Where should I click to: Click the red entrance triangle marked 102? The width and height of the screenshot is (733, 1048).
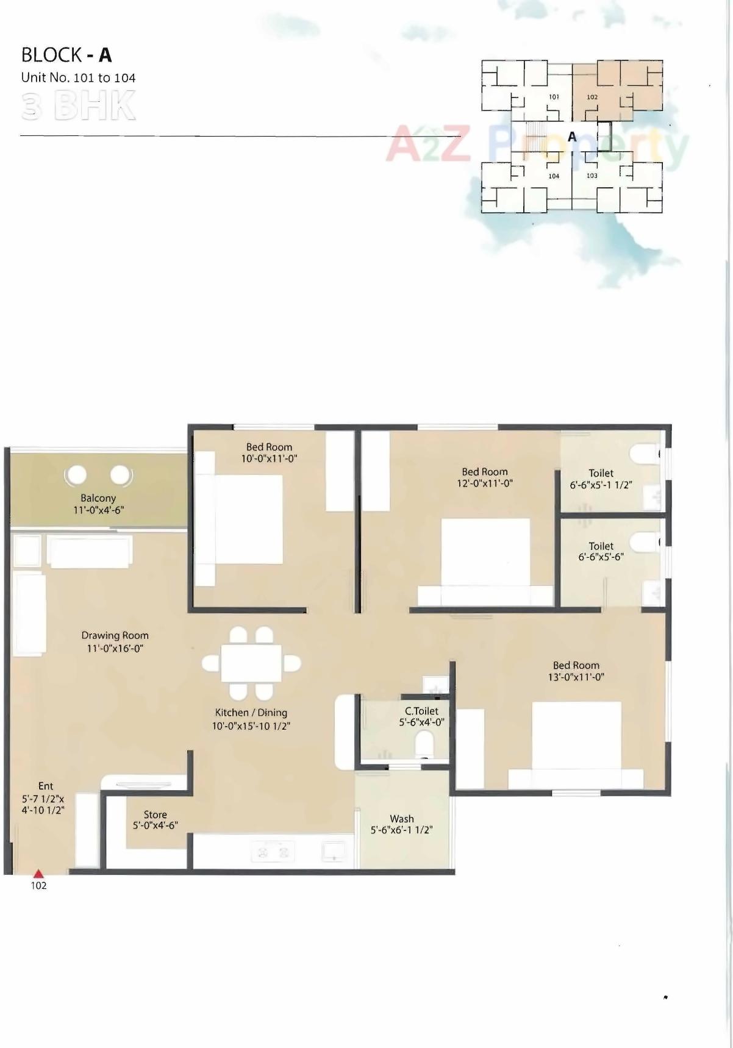(38, 874)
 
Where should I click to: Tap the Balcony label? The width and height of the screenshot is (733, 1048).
(98, 498)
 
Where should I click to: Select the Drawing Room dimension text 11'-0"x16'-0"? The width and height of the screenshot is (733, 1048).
(115, 648)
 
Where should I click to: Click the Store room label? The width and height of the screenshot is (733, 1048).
(155, 815)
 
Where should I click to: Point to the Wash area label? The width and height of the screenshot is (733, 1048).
(401, 819)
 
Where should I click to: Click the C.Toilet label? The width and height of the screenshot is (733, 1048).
(421, 711)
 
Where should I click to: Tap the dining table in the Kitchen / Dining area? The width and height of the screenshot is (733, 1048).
(251, 663)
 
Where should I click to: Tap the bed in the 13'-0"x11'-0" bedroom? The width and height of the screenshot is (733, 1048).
(576, 741)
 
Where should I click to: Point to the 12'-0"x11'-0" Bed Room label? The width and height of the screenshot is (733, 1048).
(485, 472)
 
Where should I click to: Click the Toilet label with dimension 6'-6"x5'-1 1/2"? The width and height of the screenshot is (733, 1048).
(601, 473)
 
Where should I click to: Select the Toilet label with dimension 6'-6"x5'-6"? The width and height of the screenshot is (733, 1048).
(601, 546)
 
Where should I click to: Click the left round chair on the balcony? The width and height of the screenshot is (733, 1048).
(77, 474)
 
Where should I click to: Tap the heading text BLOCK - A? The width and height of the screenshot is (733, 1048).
(66, 55)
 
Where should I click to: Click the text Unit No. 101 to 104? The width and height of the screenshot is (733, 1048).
(78, 78)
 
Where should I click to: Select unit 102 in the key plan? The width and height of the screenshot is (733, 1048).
(592, 97)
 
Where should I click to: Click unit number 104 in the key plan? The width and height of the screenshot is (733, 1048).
(554, 176)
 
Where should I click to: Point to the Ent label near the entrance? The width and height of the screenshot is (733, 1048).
(46, 786)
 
